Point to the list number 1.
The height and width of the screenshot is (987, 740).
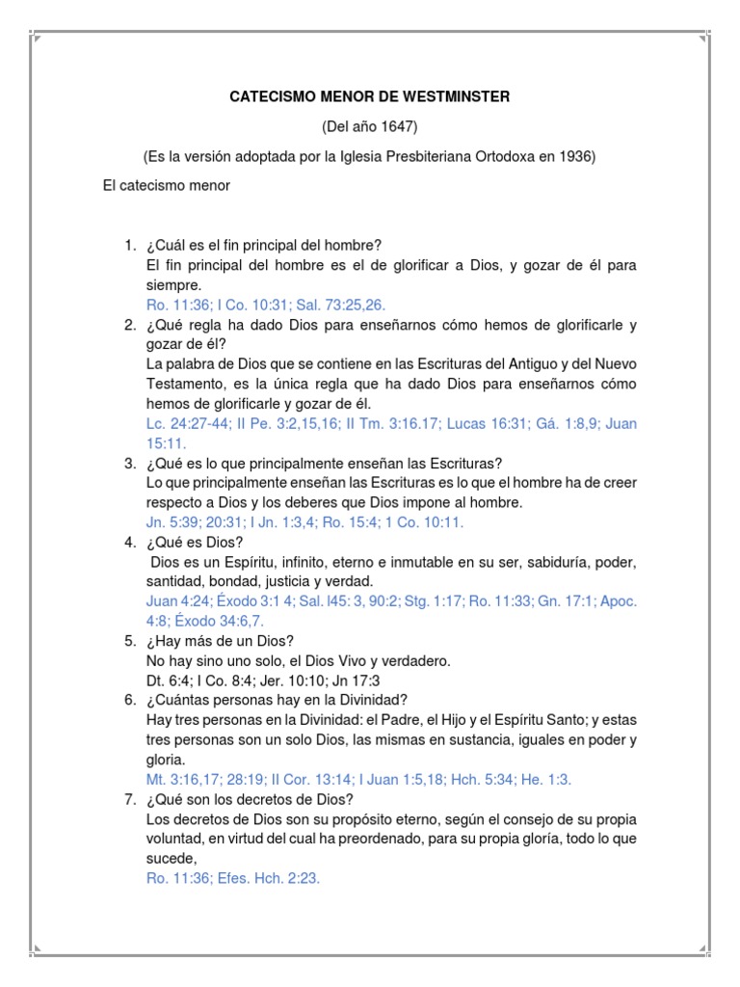(x=130, y=246)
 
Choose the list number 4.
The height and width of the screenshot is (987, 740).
(x=130, y=543)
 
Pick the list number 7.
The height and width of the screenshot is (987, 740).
(x=130, y=800)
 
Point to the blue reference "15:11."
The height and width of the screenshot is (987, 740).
(x=166, y=443)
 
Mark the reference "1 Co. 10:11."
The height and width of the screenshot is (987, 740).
(x=419, y=522)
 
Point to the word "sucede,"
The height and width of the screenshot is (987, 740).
(x=172, y=859)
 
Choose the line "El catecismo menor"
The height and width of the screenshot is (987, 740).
(x=166, y=186)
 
